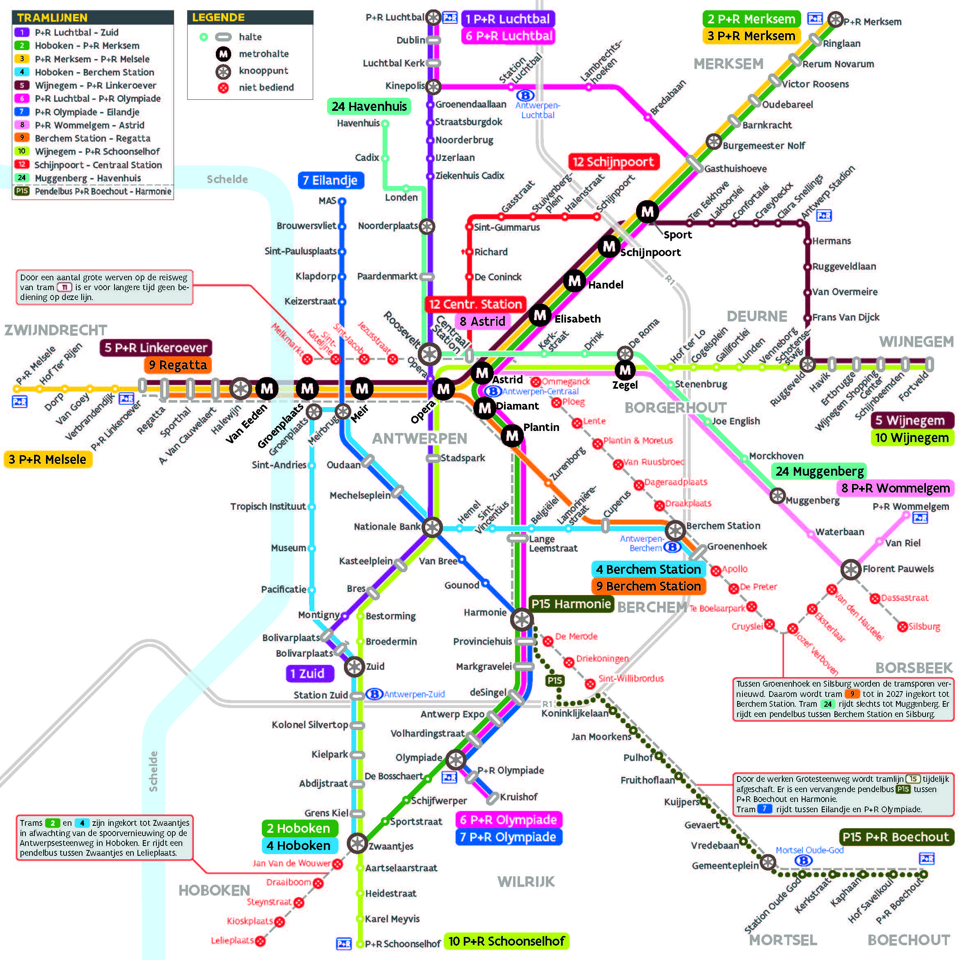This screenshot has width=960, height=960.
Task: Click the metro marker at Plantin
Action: (x=512, y=436)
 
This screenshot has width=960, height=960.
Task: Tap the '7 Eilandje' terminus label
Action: (x=331, y=180)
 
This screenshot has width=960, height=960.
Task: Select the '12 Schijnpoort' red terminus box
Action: (x=613, y=162)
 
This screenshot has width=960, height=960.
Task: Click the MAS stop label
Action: (x=328, y=201)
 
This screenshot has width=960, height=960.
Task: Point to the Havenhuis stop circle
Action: (x=385, y=123)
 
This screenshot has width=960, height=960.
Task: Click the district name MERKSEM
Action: (x=728, y=64)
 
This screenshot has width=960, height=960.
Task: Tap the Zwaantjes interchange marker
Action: (x=357, y=843)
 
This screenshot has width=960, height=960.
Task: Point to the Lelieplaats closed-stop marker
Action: (x=260, y=941)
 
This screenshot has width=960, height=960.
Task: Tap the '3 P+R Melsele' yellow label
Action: (x=48, y=459)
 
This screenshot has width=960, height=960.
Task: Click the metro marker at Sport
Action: (x=647, y=212)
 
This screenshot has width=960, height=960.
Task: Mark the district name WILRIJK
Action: (x=526, y=882)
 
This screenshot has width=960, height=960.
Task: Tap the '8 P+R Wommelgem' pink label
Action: (x=895, y=488)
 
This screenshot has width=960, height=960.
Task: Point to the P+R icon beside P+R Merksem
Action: (x=814, y=19)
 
